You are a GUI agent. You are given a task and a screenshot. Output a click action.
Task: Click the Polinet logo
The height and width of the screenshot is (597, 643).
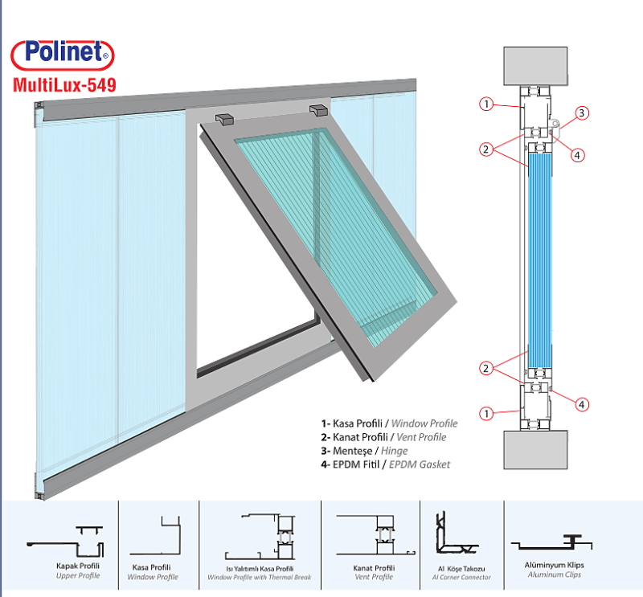coord(63,55)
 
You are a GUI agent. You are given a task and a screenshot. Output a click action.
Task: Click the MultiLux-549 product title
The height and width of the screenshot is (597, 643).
coord(62,83)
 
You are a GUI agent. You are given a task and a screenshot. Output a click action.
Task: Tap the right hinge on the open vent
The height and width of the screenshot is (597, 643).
coord(317,108)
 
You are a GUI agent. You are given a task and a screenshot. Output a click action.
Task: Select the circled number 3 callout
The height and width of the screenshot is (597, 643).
coord(582,113)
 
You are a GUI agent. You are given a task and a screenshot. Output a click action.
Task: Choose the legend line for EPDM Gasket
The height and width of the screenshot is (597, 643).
coord(386,464)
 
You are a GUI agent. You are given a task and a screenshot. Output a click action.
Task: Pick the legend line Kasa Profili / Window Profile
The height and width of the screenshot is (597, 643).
coord(388,423)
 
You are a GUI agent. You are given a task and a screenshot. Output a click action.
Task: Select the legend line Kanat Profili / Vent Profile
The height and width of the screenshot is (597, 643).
coord(383,437)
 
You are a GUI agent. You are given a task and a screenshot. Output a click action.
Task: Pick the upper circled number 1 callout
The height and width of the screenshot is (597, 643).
coord(485,104)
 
